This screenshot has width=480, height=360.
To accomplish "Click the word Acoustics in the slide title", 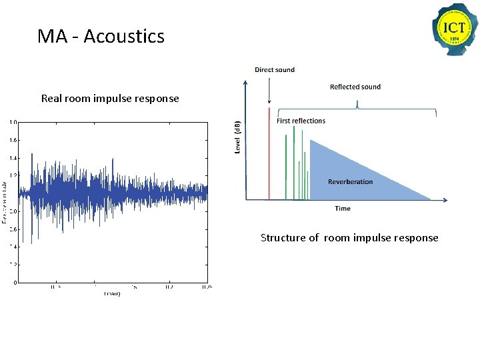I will coord(124,36).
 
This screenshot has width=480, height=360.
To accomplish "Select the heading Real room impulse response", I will coord(110,99).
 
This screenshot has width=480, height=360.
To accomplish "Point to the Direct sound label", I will coord(274,69).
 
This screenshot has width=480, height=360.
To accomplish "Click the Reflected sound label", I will coord(355,87).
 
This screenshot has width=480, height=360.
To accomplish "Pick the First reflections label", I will coord(301,121).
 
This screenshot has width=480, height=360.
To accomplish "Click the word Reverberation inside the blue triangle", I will coord(350,181).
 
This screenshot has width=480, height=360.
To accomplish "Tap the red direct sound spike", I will coord(269,153).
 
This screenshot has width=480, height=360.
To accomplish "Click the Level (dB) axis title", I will coord(237,137).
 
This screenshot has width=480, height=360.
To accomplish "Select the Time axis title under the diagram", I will coord(343,209).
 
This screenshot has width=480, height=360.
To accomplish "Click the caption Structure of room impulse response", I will coord(349,238).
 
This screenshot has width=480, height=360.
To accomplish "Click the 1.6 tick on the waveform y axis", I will coord(13,141).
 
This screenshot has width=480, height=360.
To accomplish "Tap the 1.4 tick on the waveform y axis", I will coord(13,158).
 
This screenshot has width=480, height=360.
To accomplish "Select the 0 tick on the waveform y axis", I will coord(15,283).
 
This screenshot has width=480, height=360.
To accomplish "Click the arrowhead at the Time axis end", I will coord(443,199).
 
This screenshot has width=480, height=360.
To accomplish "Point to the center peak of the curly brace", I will coord(357,103).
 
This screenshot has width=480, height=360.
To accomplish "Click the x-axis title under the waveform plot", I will coord(111,294).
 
